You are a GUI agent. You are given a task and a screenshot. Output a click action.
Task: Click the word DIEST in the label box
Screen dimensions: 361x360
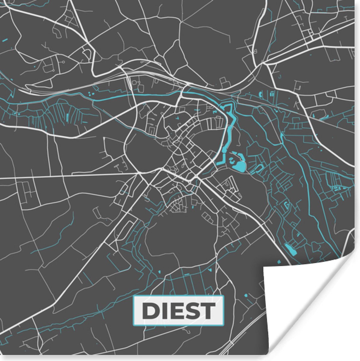point(179,310)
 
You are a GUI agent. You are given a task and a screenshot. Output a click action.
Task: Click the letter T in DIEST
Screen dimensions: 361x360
point(208,311)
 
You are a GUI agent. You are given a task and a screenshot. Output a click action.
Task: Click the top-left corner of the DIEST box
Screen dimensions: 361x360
point(134,297)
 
